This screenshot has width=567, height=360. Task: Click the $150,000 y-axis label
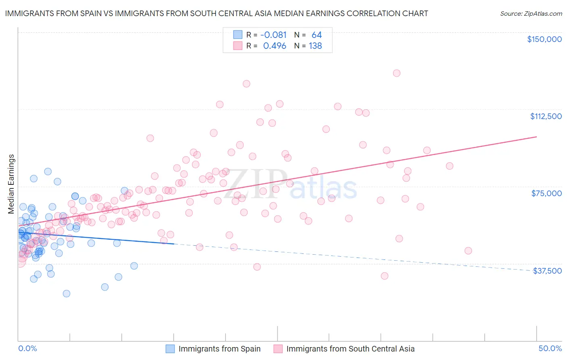[544, 39]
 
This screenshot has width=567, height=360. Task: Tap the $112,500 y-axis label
[546, 116]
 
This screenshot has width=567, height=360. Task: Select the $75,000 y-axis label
[546, 193]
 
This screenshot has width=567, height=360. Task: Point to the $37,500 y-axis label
[547, 271]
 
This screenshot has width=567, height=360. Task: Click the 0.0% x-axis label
[27, 348]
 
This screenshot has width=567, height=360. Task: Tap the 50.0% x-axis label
[550, 348]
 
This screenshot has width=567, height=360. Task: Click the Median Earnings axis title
[11, 184]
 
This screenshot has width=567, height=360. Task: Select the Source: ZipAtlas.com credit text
[531, 13]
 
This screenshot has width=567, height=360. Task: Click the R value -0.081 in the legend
[273, 35]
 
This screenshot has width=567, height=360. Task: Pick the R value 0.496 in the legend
[275, 46]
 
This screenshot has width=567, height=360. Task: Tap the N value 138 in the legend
[315, 46]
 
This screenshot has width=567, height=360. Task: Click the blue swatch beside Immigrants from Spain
[170, 349]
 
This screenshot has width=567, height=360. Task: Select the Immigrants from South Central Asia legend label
[350, 349]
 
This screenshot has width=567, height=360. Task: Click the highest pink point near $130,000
[396, 73]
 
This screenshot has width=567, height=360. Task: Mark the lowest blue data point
[67, 293]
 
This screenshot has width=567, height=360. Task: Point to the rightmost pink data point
[468, 251]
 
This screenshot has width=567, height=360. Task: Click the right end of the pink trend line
[536, 137]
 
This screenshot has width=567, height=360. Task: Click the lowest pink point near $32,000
[384, 276]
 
